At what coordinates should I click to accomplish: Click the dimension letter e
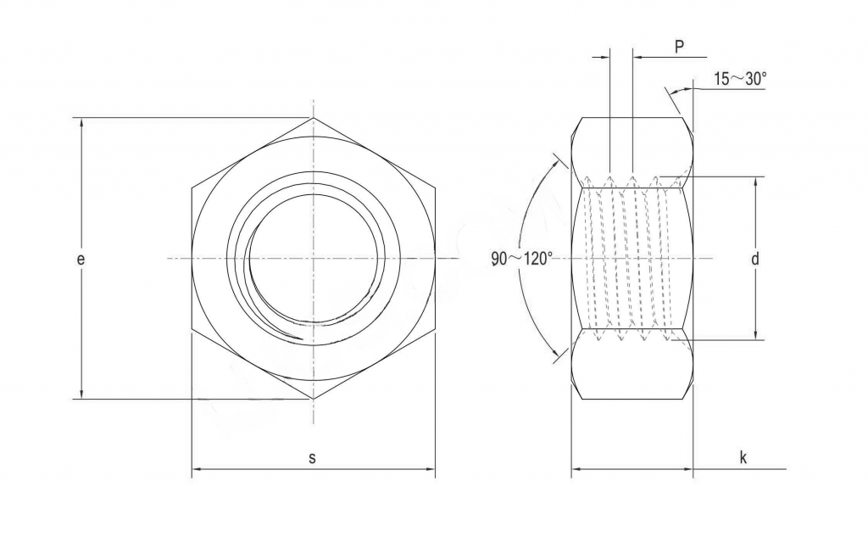click(x=81, y=260)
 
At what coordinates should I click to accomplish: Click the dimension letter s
click(x=312, y=458)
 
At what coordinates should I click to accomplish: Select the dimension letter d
click(x=754, y=259)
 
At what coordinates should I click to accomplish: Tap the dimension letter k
click(x=743, y=458)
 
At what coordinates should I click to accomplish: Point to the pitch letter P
click(x=679, y=48)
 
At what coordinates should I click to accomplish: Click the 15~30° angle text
click(x=740, y=79)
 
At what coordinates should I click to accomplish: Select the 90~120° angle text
click(x=522, y=259)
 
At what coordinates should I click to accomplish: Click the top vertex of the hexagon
click(x=313, y=117)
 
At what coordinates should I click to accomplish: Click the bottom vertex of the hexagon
click(x=313, y=399)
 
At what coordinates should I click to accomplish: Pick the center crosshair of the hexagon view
click(x=313, y=258)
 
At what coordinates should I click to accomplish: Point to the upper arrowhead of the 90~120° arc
click(x=559, y=160)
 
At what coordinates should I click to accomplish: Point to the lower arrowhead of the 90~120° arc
click(x=559, y=355)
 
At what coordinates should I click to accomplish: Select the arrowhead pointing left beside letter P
click(x=637, y=57)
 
